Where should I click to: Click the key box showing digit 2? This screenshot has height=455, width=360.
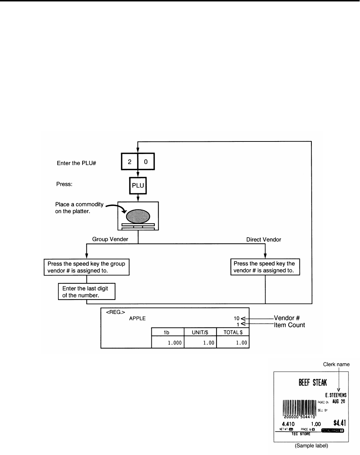click(x=129, y=162)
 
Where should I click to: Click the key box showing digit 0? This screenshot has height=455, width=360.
click(x=146, y=162)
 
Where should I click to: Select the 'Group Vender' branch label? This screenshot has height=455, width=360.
click(x=110, y=239)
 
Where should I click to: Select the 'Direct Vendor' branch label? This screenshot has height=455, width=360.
click(x=263, y=239)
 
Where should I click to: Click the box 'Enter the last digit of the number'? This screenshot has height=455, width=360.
click(x=86, y=292)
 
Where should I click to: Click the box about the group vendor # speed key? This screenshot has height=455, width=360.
click(x=86, y=267)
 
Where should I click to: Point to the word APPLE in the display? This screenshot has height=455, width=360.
click(x=137, y=318)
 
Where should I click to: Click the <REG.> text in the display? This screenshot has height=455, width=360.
click(x=113, y=312)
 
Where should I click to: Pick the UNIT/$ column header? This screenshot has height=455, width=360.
click(x=200, y=332)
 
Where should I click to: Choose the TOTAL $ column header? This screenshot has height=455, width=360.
click(x=233, y=332)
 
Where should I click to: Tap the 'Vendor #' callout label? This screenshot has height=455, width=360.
click(x=287, y=318)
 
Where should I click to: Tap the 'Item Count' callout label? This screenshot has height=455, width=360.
click(x=289, y=325)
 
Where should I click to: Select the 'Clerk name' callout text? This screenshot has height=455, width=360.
click(x=336, y=364)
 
